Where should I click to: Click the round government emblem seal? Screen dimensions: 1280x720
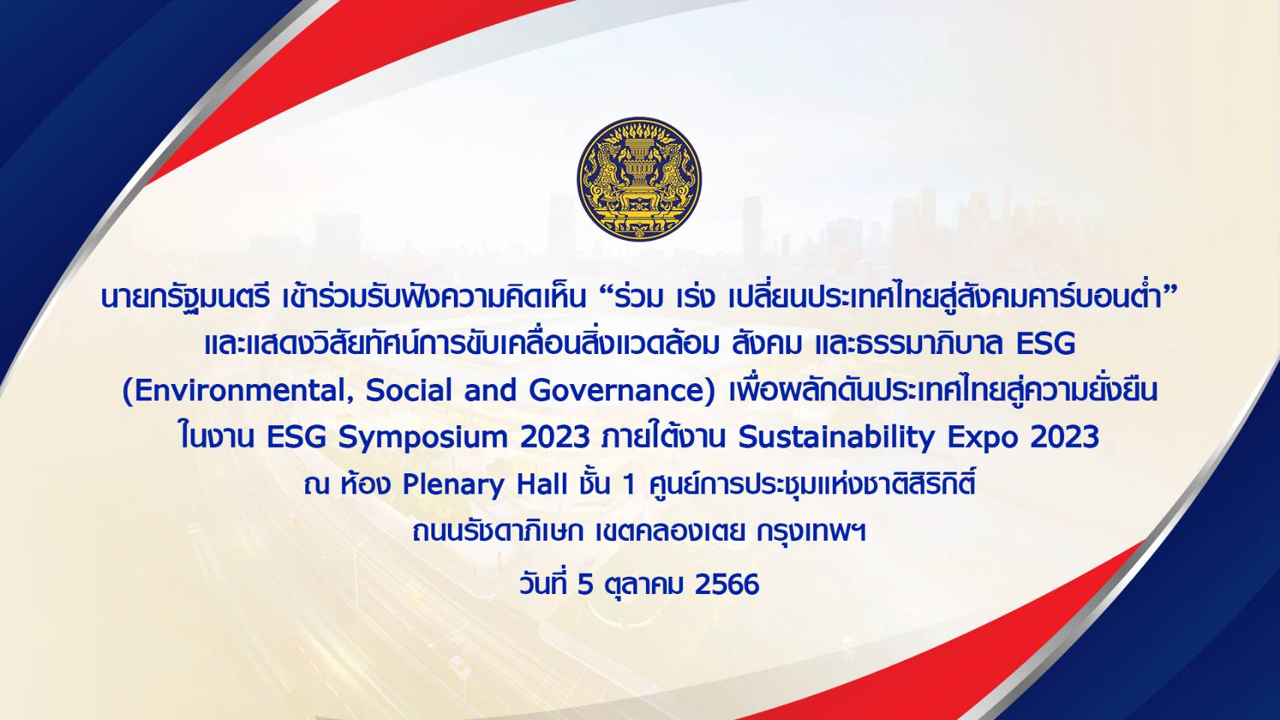pyautogui.click(x=639, y=178)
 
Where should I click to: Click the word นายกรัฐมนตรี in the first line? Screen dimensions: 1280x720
pyautogui.click(x=185, y=298)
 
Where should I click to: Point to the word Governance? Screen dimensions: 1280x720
pyautogui.click(x=619, y=391)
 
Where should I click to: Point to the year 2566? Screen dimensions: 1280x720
pyautogui.click(x=728, y=584)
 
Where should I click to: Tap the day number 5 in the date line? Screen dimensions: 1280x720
pyautogui.click(x=585, y=584)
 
